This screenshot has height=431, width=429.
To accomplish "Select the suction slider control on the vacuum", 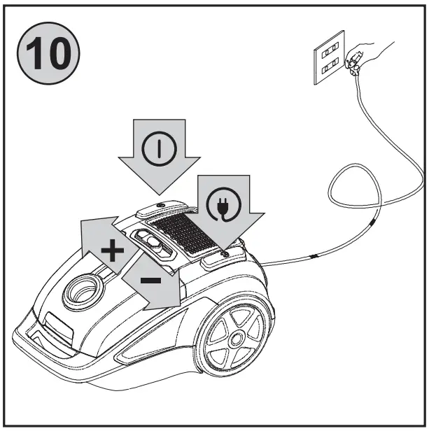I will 155,244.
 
